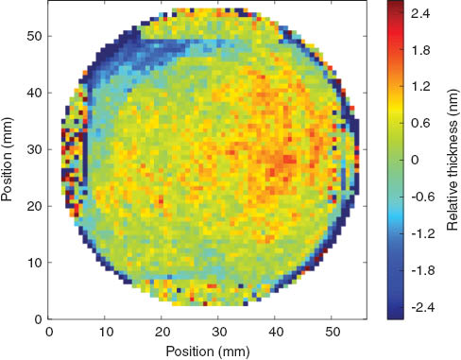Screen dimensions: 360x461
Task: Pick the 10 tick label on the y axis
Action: [x=34, y=262]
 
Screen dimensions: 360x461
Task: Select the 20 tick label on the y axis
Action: [x=34, y=205]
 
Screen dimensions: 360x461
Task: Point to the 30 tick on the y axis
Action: [x=34, y=148]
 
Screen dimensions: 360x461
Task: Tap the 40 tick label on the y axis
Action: [x=34, y=92]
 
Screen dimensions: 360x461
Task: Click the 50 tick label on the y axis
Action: [x=34, y=35]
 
